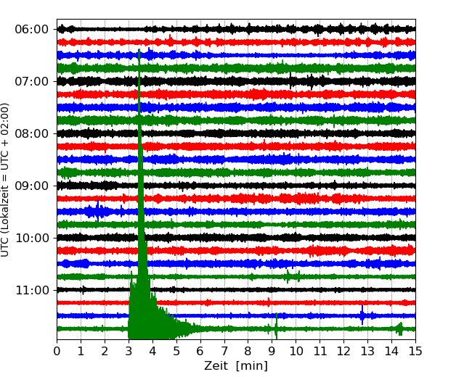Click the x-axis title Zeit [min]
[x=235, y=366]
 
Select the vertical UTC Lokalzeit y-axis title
[x=6, y=179]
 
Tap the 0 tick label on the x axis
[x=57, y=352]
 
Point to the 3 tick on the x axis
[x=129, y=352]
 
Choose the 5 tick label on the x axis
[x=176, y=352]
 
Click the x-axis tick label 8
[x=248, y=352]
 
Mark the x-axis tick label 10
[x=296, y=352]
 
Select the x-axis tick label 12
[x=343, y=352]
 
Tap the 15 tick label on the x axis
[x=415, y=352]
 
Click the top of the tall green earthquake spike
[x=139, y=51]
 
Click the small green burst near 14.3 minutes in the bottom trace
[x=399, y=328]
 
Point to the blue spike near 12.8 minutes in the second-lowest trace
[x=362, y=315]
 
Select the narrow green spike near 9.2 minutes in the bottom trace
[x=276, y=327]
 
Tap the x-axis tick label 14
[x=391, y=352]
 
